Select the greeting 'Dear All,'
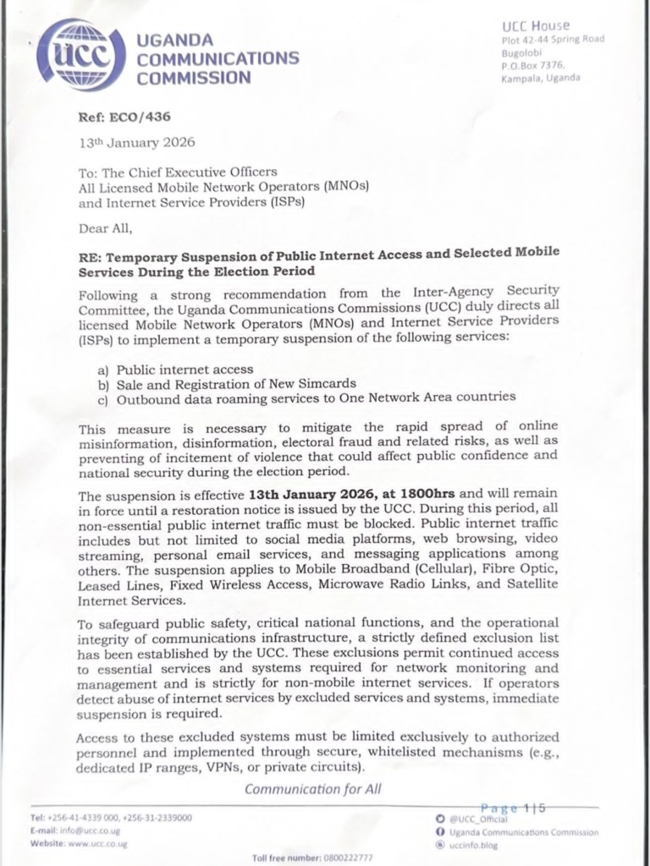(106, 227)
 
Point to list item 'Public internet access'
(185, 370)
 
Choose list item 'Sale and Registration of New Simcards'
(236, 383)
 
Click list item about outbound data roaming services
(316, 397)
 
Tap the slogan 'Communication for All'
(313, 789)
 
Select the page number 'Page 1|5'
(513, 808)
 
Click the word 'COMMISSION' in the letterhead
(194, 78)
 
